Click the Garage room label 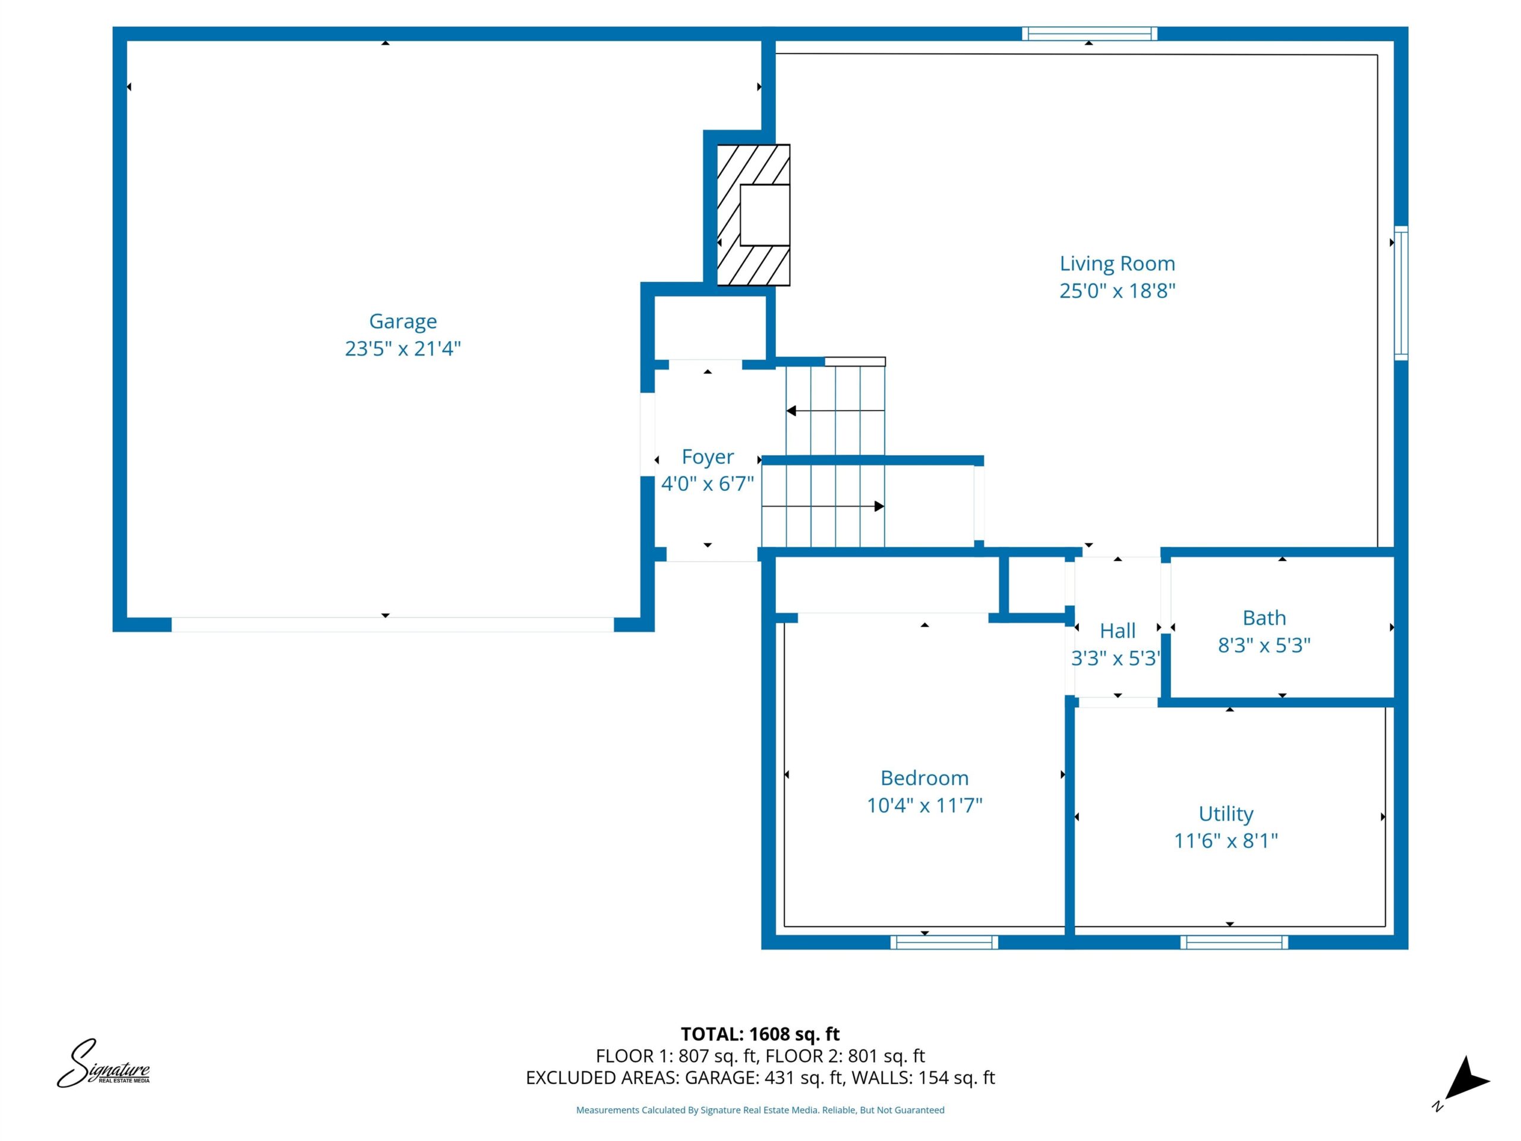(x=403, y=321)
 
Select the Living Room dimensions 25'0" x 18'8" (x=1118, y=291)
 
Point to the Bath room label (x=1264, y=617)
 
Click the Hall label (x=1118, y=631)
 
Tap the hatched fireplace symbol (x=753, y=215)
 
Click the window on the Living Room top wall (x=1089, y=34)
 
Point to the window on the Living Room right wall (x=1400, y=293)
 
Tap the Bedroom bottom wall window (x=944, y=943)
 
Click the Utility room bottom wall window (x=1234, y=943)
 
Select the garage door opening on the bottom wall (x=393, y=625)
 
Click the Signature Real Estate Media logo (x=103, y=1064)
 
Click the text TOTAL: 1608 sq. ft (x=760, y=1033)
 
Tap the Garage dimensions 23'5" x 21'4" (x=403, y=349)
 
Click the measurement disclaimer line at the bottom (x=760, y=1110)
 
